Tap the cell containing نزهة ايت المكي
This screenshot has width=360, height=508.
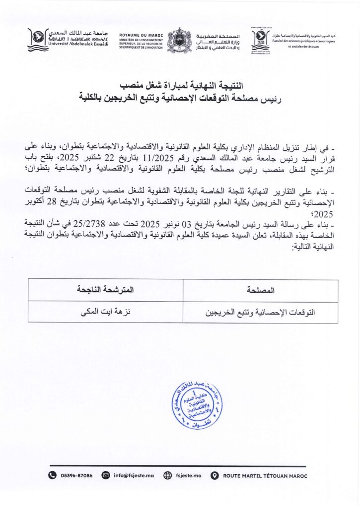106,313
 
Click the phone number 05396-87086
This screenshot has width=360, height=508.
76,475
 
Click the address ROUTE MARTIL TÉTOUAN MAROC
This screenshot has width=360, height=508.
265,475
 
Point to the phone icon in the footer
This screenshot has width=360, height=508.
52,475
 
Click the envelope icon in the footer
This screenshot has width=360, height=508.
106,475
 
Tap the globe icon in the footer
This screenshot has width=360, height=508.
167,475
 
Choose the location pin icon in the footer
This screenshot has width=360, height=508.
215,475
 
